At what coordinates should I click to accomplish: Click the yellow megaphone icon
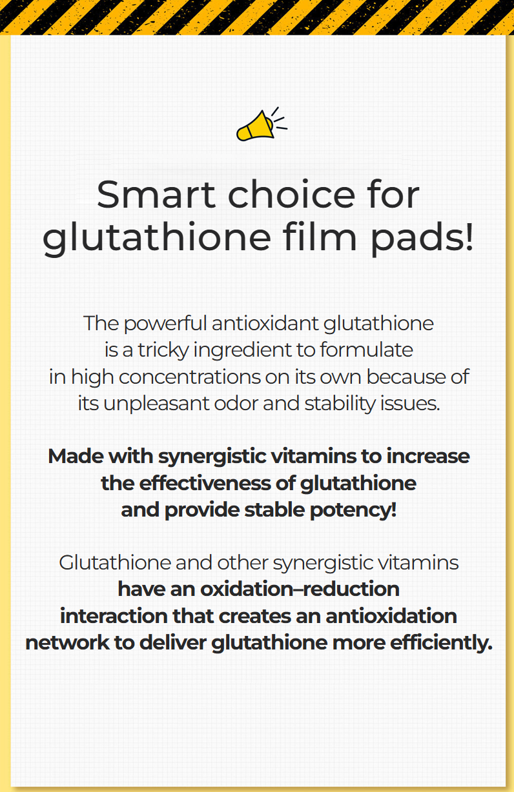[262, 125]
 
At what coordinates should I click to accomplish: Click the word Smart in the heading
[156, 195]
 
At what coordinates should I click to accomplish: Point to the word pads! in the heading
[422, 237]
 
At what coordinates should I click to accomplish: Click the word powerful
[165, 324]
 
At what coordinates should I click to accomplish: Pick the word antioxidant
[265, 323]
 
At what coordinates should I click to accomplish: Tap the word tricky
[163, 351]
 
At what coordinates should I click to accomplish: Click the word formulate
[366, 350]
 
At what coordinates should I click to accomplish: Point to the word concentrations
[189, 377]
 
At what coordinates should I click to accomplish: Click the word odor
[236, 404]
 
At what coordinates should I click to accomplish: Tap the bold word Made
[76, 456]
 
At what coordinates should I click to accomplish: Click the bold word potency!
[353, 511]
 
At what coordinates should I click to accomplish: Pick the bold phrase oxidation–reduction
[300, 589]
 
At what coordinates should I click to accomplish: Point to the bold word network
[67, 643]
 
